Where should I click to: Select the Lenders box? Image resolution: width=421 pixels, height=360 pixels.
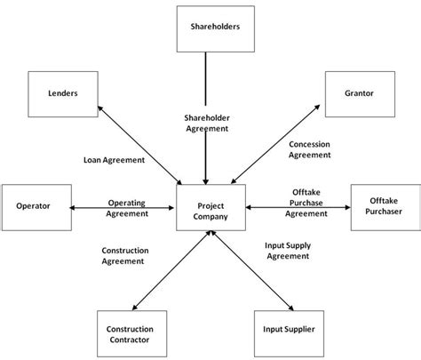click(62, 92)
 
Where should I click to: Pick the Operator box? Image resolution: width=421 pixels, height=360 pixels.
click(34, 206)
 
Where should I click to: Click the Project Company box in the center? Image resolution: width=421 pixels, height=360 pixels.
click(210, 210)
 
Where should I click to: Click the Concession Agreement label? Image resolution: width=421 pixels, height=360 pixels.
click(310, 148)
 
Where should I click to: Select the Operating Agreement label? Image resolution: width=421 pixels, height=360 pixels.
click(126, 207)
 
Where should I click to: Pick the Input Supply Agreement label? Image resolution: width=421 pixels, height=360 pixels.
click(287, 250)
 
